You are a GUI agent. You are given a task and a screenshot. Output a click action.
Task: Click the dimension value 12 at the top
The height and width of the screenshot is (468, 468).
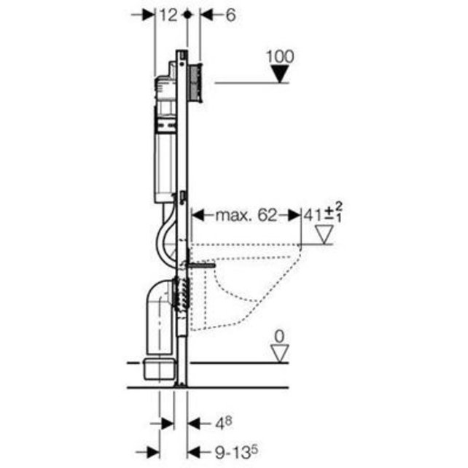point(168,15)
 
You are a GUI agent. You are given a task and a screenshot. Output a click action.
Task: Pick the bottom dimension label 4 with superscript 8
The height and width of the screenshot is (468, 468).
point(222,421)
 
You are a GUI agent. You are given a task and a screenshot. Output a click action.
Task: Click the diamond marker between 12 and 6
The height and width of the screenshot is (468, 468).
point(189,15)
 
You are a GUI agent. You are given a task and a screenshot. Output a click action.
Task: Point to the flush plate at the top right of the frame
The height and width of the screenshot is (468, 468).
point(195,82)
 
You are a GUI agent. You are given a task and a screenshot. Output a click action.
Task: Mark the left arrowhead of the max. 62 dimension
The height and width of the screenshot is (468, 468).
point(195,215)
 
